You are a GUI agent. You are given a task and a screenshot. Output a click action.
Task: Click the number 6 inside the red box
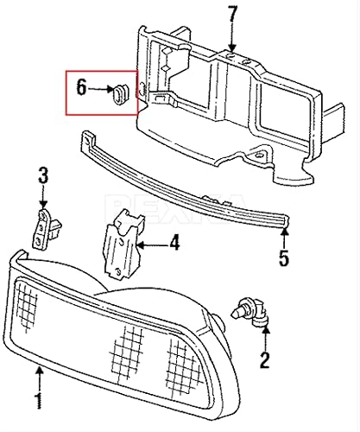[81, 88]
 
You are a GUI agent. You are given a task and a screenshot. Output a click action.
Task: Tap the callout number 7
[231, 15]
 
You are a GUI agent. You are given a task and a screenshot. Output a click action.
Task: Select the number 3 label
[41, 179]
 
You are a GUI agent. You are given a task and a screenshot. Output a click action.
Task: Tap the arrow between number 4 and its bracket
[152, 244]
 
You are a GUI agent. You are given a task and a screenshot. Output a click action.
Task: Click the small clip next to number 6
[117, 92]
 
